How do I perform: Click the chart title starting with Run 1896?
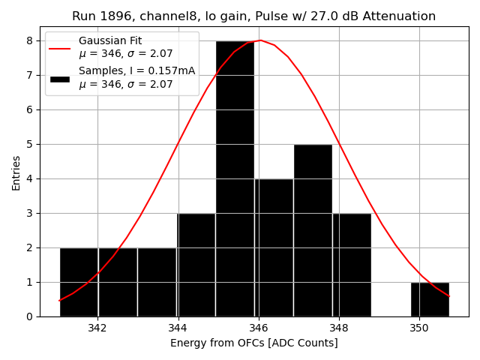253,16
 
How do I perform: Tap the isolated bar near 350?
430,299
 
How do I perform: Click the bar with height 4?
274,247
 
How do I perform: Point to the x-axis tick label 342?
97,328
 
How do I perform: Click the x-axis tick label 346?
259,328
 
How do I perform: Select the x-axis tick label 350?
419,328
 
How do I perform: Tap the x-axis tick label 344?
178,328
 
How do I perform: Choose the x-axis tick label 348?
339,328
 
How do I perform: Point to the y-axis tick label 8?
30,40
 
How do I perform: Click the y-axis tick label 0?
30,316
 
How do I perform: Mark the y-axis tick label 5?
30,144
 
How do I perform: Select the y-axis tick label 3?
30,213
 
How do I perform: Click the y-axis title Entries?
16,172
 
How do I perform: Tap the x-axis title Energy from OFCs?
253,343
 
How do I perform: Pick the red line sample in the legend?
60,48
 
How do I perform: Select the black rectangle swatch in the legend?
60,78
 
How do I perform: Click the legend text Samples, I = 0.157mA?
136,71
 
